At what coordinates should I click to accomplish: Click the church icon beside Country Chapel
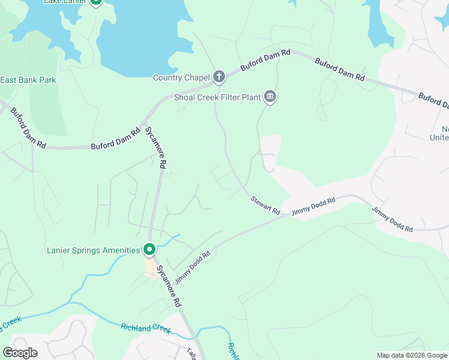pyautogui.click(x=219, y=77)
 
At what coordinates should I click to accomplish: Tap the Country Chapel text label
pyautogui.click(x=181, y=77)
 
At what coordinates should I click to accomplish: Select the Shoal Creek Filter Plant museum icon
pyautogui.click(x=270, y=97)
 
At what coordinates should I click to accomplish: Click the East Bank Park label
pyautogui.click(x=28, y=80)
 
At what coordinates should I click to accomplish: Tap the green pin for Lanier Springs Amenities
pyautogui.click(x=149, y=248)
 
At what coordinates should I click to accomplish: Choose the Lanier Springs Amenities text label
pyautogui.click(x=93, y=250)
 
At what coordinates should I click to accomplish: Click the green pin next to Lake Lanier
pyautogui.click(x=96, y=2)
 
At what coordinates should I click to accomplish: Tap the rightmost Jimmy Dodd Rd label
pyautogui.click(x=393, y=220)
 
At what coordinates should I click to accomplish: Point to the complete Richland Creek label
pyautogui.click(x=146, y=329)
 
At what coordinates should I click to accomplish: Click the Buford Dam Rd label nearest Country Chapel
pyautogui.click(x=265, y=61)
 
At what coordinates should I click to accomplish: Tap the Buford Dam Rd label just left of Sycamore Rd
pyautogui.click(x=115, y=139)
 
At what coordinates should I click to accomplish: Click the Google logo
pyautogui.click(x=20, y=352)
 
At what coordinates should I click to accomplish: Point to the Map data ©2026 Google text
pyautogui.click(x=411, y=355)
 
